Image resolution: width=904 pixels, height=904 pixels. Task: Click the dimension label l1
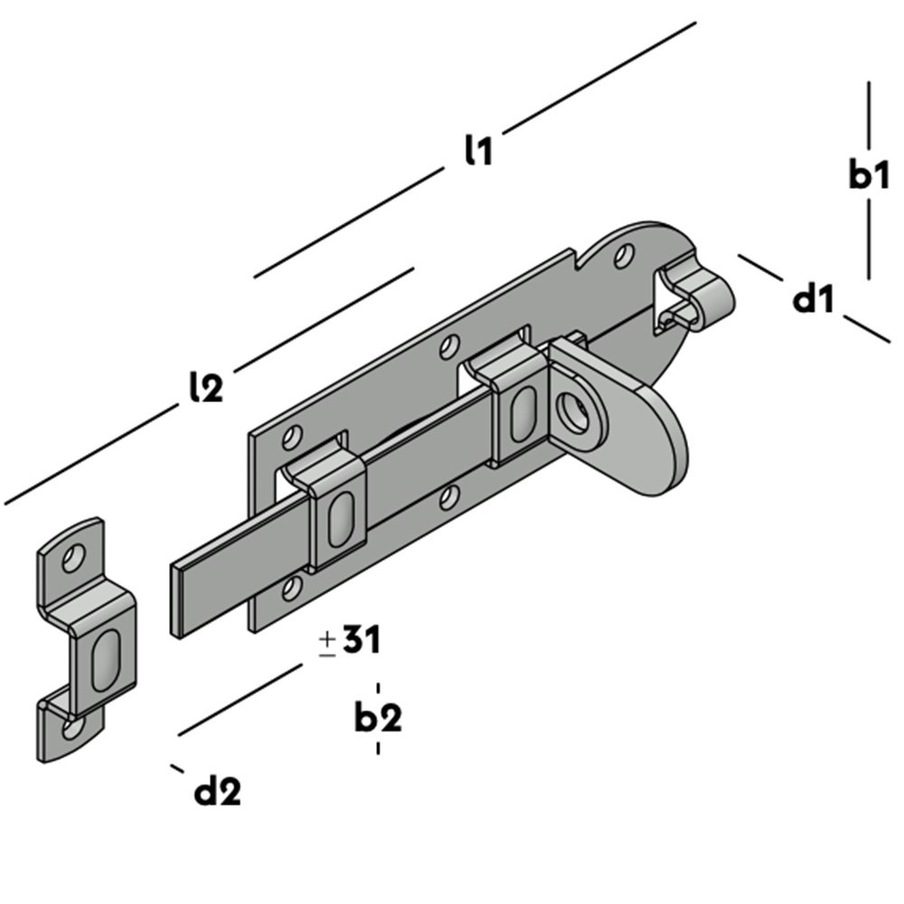point(478,151)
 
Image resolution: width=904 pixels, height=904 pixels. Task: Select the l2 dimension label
point(205,386)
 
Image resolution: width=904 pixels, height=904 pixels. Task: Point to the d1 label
point(813,298)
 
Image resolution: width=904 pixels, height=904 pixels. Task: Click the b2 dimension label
point(378,718)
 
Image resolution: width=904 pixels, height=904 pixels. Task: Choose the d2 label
point(218,792)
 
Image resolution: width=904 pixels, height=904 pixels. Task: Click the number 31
point(361,640)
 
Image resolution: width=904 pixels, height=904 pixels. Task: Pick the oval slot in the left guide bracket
point(339,520)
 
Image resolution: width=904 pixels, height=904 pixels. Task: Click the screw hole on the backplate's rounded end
point(624,255)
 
